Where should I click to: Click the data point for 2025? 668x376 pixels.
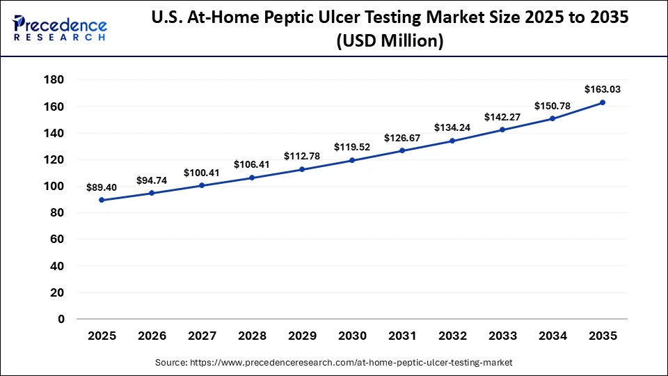[x=102, y=200]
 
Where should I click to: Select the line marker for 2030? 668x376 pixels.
[x=352, y=160]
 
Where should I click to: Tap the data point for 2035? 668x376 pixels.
[x=603, y=102]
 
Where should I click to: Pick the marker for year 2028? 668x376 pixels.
[x=252, y=178]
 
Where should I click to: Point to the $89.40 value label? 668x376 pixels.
[x=102, y=187]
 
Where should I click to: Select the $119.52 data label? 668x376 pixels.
[x=352, y=147]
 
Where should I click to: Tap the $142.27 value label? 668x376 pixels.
[x=502, y=117]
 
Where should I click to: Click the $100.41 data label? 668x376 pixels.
[x=202, y=173]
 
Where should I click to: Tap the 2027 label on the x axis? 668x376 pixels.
[x=202, y=336]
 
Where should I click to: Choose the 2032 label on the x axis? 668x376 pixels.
[x=452, y=336]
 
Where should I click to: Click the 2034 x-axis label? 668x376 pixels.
[x=552, y=336]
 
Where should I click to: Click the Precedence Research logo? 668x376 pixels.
[x=60, y=28]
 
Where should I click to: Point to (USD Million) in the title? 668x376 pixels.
[x=390, y=42]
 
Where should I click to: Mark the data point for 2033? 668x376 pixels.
[x=502, y=130]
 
